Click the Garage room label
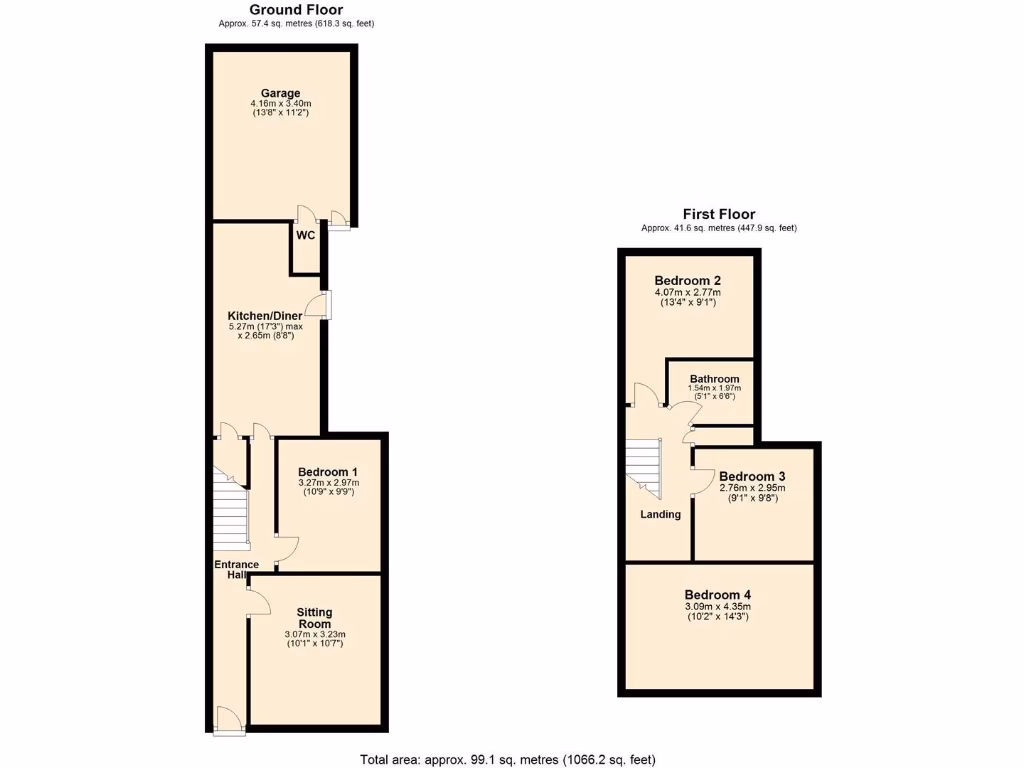(281, 93)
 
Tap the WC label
(305, 236)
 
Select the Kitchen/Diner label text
(265, 316)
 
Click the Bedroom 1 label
(328, 472)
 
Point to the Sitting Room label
(314, 618)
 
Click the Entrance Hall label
(237, 570)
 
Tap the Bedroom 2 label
(688, 280)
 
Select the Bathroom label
(714, 379)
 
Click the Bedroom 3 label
(752, 476)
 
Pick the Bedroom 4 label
(718, 595)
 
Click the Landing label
(660, 515)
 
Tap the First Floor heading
(718, 214)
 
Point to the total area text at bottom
(508, 759)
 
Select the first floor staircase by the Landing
(644, 468)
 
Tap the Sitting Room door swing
(257, 600)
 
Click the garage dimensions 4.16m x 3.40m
(281, 104)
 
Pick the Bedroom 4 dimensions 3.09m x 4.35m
(718, 606)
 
